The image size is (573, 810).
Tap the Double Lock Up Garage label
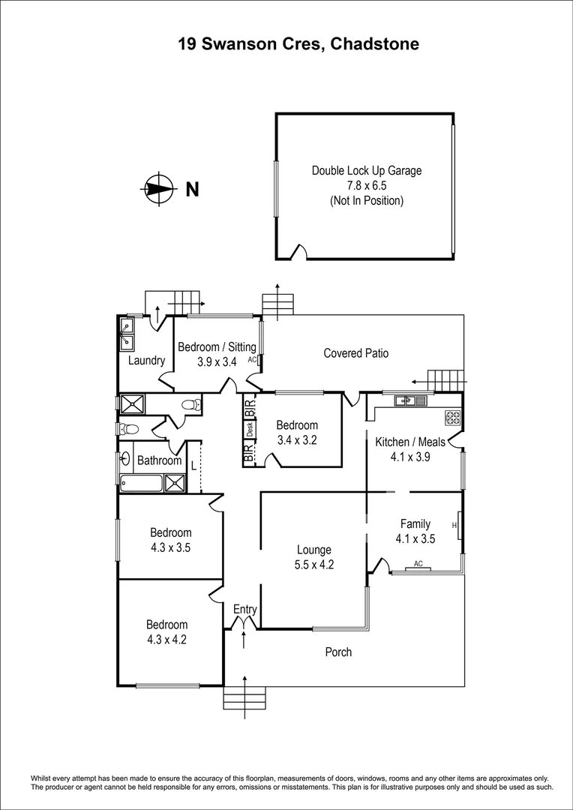point(367,171)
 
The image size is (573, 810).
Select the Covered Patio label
point(355,353)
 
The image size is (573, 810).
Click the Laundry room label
point(146,361)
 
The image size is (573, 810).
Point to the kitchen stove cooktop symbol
point(453,415)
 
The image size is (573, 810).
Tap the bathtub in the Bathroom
point(141,482)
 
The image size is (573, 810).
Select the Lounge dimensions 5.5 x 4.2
point(313,565)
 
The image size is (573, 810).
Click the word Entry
point(244,609)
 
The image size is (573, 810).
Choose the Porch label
point(338,652)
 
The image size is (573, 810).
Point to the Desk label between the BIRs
point(249,430)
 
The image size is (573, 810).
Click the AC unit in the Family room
point(418,567)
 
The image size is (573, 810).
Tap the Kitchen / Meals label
point(410,442)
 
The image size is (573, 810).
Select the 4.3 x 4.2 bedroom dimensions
point(166,640)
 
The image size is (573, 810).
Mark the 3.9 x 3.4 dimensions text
point(217,361)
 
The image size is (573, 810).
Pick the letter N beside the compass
point(193,190)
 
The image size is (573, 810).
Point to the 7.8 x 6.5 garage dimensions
point(367,186)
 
